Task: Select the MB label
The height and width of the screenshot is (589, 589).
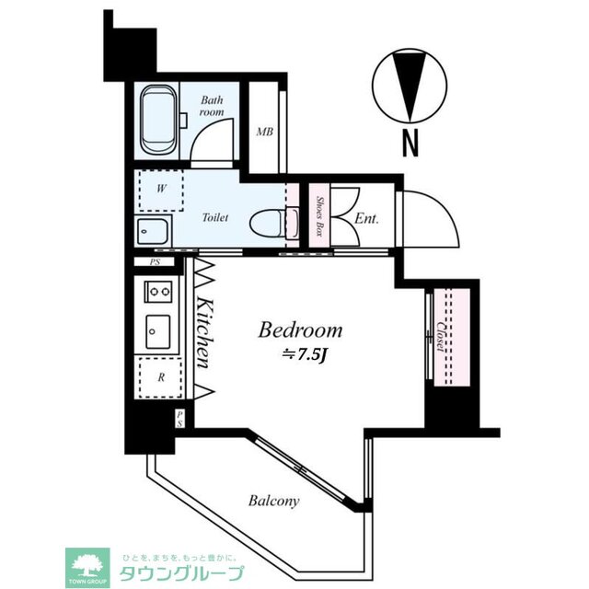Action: pyautogui.click(x=264, y=132)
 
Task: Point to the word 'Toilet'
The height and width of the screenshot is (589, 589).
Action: pyautogui.click(x=214, y=218)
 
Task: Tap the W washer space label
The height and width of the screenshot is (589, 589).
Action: pyautogui.click(x=160, y=191)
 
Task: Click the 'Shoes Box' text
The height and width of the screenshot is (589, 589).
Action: pyautogui.click(x=318, y=217)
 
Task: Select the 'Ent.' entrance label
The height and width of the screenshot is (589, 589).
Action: pyautogui.click(x=366, y=219)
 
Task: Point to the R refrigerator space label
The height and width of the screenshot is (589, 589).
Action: pyautogui.click(x=160, y=377)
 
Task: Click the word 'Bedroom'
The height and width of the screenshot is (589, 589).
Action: pyautogui.click(x=300, y=329)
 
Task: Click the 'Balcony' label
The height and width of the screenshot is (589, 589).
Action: pyautogui.click(x=273, y=501)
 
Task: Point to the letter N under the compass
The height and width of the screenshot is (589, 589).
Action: pyautogui.click(x=410, y=143)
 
